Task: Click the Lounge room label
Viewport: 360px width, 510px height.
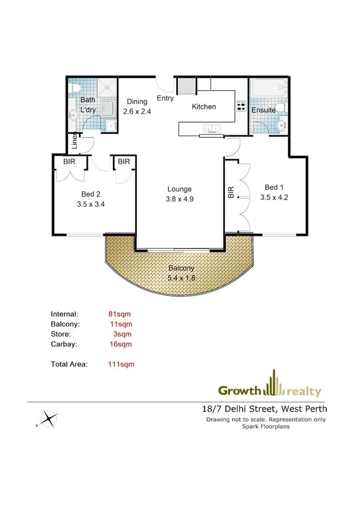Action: point(180,189)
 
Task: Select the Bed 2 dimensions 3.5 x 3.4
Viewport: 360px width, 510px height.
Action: point(91,204)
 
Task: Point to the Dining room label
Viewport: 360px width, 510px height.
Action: point(137,102)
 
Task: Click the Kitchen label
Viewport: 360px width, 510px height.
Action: point(204,107)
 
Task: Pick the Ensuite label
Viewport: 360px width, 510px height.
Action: point(263,111)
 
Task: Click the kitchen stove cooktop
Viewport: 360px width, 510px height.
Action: point(242,106)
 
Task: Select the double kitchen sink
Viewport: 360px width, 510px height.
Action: point(212,128)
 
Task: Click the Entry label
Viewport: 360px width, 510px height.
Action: point(165,98)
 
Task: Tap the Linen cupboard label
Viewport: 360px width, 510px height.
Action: point(75,143)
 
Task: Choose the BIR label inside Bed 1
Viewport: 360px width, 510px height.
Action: point(231,192)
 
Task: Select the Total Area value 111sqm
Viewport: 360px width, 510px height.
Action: point(121,364)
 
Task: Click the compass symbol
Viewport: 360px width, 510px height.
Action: point(48,418)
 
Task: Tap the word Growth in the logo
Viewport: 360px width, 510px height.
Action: point(239,391)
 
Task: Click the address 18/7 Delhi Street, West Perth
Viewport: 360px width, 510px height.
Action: point(268,410)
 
